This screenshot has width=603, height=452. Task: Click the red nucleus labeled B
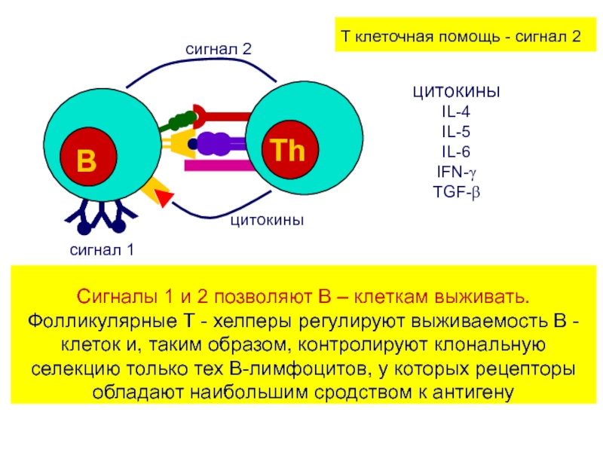coord(88,157)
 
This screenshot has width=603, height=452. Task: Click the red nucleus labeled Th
coord(290,149)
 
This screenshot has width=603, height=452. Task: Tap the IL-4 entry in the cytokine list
coord(456,111)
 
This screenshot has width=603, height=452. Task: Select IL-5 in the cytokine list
coord(456,132)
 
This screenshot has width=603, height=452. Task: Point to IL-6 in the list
coord(456,152)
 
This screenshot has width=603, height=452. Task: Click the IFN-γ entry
coord(457,173)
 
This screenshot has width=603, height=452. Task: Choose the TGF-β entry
coord(457,192)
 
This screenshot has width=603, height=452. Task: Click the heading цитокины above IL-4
coord(457,92)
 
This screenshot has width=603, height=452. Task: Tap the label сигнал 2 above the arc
coord(219,49)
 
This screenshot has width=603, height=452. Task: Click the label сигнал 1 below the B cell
coord(102,250)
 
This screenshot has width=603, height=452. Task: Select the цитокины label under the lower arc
coord(268,220)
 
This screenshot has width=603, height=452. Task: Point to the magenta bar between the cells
coord(218,166)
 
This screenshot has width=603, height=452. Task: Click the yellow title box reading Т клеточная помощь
coord(465,34)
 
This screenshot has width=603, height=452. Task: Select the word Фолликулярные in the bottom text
coord(102,322)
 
